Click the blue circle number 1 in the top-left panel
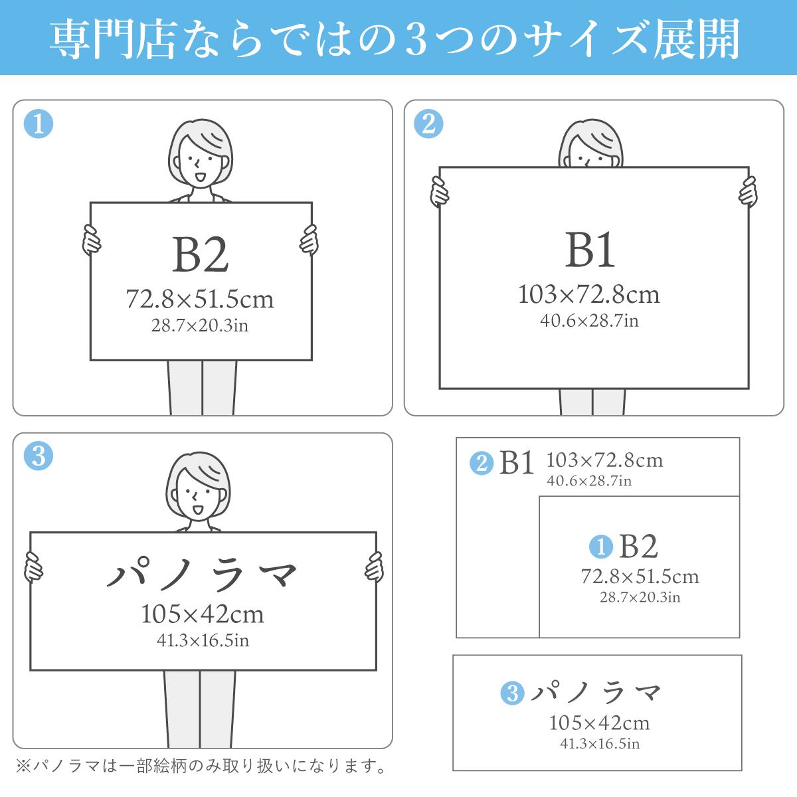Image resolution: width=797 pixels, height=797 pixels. pyautogui.click(x=38, y=124)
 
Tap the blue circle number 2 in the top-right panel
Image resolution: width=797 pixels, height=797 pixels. pyautogui.click(x=428, y=124)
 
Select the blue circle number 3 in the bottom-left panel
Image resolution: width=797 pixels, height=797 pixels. pyautogui.click(x=38, y=457)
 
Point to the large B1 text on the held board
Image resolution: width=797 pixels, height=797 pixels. pyautogui.click(x=590, y=250)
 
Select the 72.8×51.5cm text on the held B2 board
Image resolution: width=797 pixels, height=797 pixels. pyautogui.click(x=200, y=300)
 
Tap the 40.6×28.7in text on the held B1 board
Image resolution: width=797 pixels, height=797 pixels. pyautogui.click(x=589, y=321)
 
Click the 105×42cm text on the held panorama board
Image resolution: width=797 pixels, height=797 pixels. pyautogui.click(x=203, y=614)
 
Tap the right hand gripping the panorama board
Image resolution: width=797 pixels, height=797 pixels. pyautogui.click(x=374, y=568)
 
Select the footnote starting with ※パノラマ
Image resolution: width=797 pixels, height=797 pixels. pyautogui.click(x=200, y=767)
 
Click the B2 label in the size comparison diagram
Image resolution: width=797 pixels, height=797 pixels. pyautogui.click(x=638, y=547)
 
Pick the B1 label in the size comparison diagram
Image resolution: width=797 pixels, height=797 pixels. pyautogui.click(x=517, y=462)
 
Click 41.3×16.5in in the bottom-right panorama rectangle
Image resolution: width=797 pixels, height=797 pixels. pyautogui.click(x=600, y=743)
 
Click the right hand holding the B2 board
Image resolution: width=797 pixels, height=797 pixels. pyautogui.click(x=309, y=239)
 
